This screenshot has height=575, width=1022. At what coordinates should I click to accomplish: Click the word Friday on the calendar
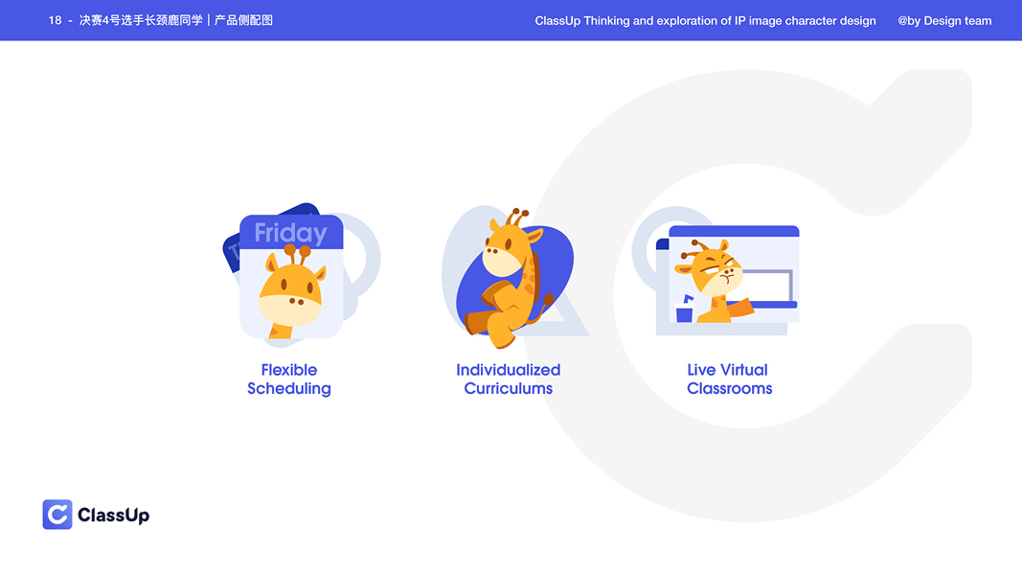coord(290,233)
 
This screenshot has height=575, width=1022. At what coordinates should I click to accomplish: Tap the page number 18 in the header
coord(55,20)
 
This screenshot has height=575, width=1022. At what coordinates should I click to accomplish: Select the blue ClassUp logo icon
coord(57,515)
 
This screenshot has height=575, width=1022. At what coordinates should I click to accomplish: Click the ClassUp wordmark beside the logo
coord(113,516)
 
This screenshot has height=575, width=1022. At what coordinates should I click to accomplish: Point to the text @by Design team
coord(944,20)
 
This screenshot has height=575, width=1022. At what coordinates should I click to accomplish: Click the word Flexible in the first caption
coord(288,370)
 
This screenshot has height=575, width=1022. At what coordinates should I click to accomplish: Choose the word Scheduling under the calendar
coord(288,389)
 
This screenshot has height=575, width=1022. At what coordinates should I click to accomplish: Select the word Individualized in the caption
coord(508,370)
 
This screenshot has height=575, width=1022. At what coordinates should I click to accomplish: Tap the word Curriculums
coord(508,389)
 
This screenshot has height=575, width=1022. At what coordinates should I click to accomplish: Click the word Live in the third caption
coord(701,370)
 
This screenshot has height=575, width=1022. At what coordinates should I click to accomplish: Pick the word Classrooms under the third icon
coord(729,389)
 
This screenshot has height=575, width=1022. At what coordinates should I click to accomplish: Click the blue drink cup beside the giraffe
coord(684,312)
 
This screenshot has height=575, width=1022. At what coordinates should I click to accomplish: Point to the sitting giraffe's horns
coord(517,216)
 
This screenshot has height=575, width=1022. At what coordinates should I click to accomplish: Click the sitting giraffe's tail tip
coord(548,300)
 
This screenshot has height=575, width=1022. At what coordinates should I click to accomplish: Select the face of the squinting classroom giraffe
coord(714,273)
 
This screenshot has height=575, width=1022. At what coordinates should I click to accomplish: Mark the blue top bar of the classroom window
coord(734,231)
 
